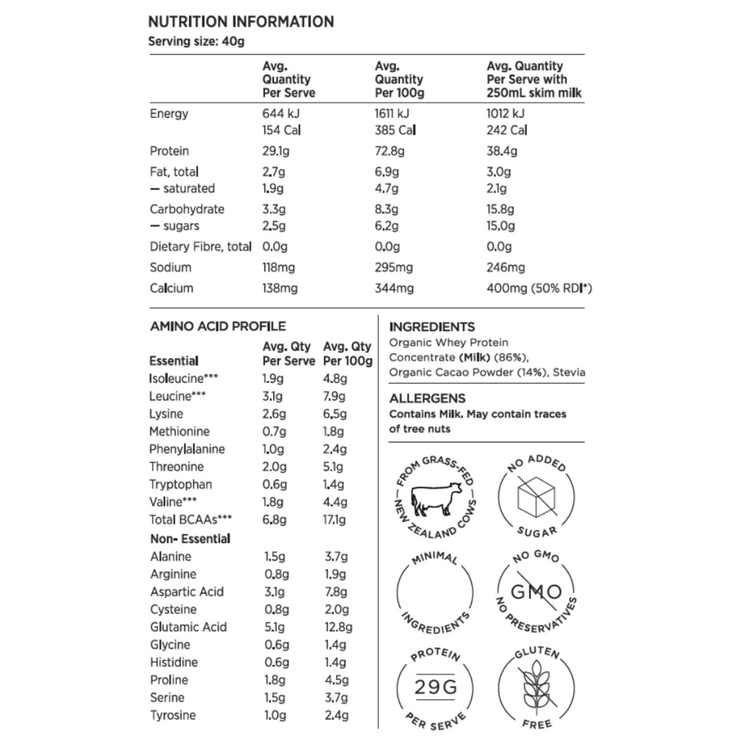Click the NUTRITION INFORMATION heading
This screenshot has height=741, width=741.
241,22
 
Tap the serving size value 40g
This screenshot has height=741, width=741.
233,42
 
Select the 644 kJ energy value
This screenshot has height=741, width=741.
281,114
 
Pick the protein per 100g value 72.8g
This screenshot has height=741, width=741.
390,151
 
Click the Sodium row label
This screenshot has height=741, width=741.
170,267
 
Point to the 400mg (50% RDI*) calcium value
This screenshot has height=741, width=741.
538,288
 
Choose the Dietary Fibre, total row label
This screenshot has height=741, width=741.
200,247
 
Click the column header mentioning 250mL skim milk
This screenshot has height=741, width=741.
534,80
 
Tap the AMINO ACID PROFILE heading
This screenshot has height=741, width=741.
218,326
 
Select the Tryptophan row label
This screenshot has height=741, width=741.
180,485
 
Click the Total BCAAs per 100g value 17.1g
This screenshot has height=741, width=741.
335,520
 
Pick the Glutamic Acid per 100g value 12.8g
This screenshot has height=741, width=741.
338,627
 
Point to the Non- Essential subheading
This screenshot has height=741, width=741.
190,538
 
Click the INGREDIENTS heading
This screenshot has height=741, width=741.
432,327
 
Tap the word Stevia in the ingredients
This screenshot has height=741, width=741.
569,372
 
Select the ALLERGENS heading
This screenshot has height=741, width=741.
427,398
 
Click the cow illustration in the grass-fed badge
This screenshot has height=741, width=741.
435,498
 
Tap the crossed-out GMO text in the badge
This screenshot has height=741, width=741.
536,592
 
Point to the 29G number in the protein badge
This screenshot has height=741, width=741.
435,687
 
